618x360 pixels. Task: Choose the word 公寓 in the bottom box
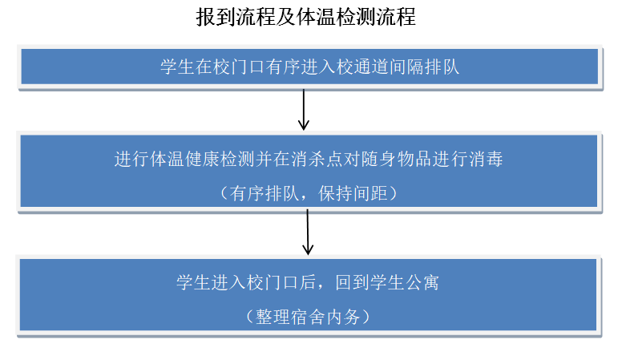click(x=422, y=282)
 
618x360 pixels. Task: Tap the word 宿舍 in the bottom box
click(x=308, y=317)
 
